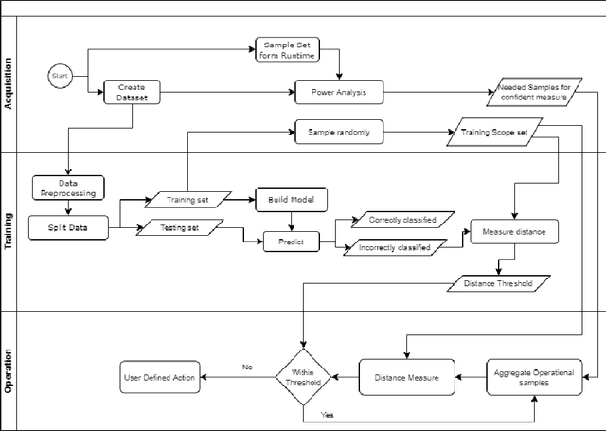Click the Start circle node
(x=61, y=75)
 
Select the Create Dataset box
(x=131, y=92)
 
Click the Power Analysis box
(x=339, y=92)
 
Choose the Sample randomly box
(x=339, y=133)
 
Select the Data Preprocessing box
(x=68, y=187)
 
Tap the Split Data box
(x=68, y=227)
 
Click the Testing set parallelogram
(x=180, y=227)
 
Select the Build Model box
(x=291, y=200)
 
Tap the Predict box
(x=291, y=241)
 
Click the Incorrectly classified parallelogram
(x=395, y=248)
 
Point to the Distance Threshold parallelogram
(x=497, y=282)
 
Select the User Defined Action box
(x=159, y=377)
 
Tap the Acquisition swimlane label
(x=9, y=83)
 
